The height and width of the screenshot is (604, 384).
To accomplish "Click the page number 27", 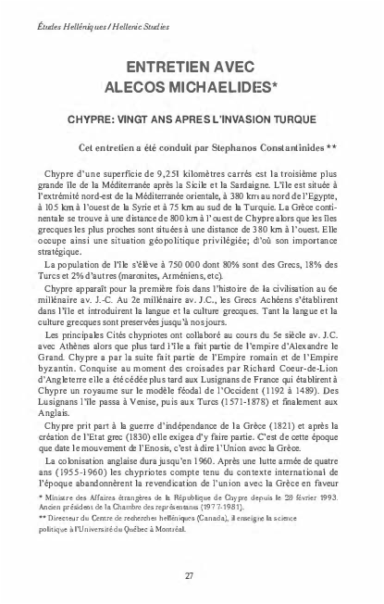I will pyautogui.click(x=189, y=575).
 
